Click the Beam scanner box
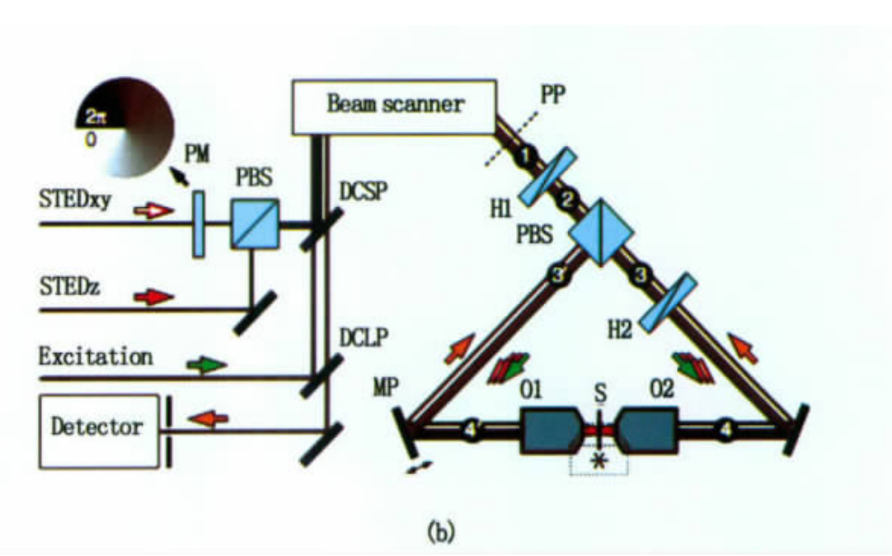394,106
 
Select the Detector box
96,427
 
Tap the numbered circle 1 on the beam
519,152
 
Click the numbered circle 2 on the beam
566,198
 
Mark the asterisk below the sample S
599,461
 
